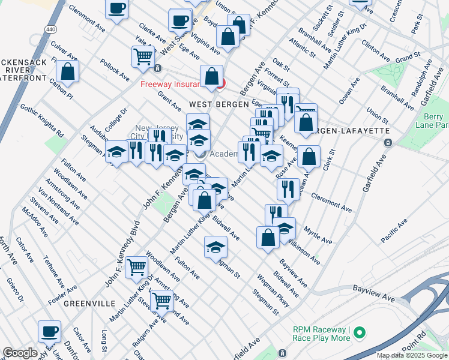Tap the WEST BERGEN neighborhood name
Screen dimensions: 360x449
tap(218, 104)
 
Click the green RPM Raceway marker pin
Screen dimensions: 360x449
tap(360, 332)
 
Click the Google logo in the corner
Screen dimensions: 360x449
tap(20, 353)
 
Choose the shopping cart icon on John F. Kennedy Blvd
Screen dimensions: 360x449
tap(137, 265)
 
